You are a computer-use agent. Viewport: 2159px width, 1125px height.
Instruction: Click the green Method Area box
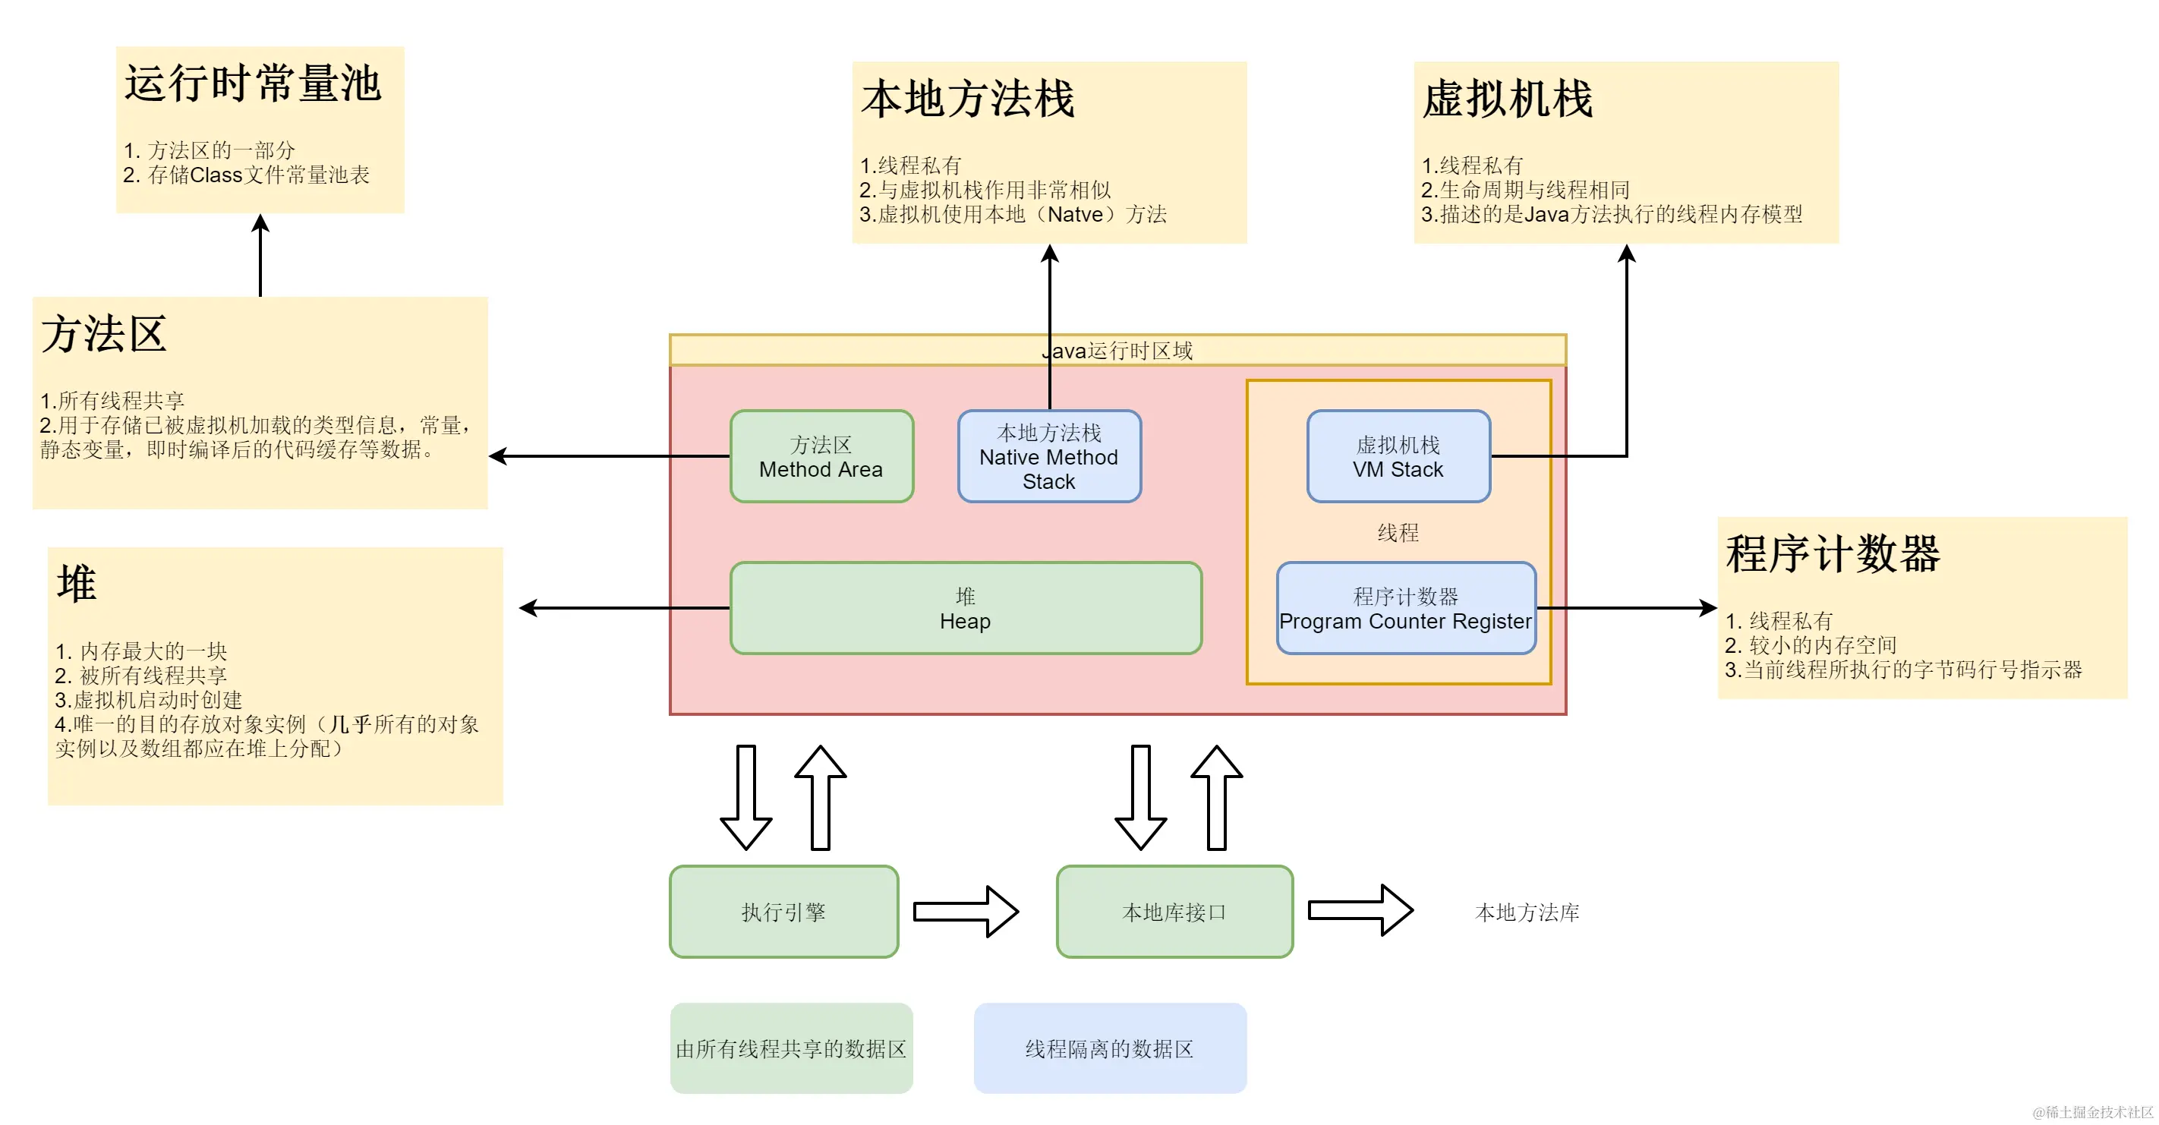click(821, 457)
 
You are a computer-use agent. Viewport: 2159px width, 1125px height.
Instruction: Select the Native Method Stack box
click(1049, 457)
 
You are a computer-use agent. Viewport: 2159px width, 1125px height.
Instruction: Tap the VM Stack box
click(1398, 457)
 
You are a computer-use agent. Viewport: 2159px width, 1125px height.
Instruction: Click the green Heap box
click(966, 609)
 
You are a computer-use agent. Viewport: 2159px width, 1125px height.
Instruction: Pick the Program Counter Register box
click(1405, 609)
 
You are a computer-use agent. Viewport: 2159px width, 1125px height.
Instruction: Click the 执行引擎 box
click(783, 912)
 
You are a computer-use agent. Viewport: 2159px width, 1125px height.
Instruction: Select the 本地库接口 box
click(1174, 912)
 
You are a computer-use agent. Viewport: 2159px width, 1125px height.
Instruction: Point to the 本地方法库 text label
click(1527, 912)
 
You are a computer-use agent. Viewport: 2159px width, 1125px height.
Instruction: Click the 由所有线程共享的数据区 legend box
click(791, 1049)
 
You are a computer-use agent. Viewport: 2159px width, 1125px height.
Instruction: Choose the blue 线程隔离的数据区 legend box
click(1110, 1049)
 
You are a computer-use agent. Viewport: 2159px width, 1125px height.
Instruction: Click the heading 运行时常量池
click(252, 84)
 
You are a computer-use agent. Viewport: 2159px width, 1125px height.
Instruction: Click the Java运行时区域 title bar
click(1117, 351)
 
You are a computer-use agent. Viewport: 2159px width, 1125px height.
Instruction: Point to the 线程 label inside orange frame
click(1398, 532)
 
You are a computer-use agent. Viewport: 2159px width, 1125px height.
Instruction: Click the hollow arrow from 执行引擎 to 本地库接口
click(966, 911)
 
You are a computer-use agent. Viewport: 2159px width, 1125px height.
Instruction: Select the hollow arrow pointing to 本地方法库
click(1360, 910)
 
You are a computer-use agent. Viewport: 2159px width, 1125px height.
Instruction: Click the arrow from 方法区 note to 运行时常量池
click(260, 255)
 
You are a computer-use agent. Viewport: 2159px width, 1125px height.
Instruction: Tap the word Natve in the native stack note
click(1075, 215)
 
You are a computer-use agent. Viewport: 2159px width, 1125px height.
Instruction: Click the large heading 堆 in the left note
click(76, 584)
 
